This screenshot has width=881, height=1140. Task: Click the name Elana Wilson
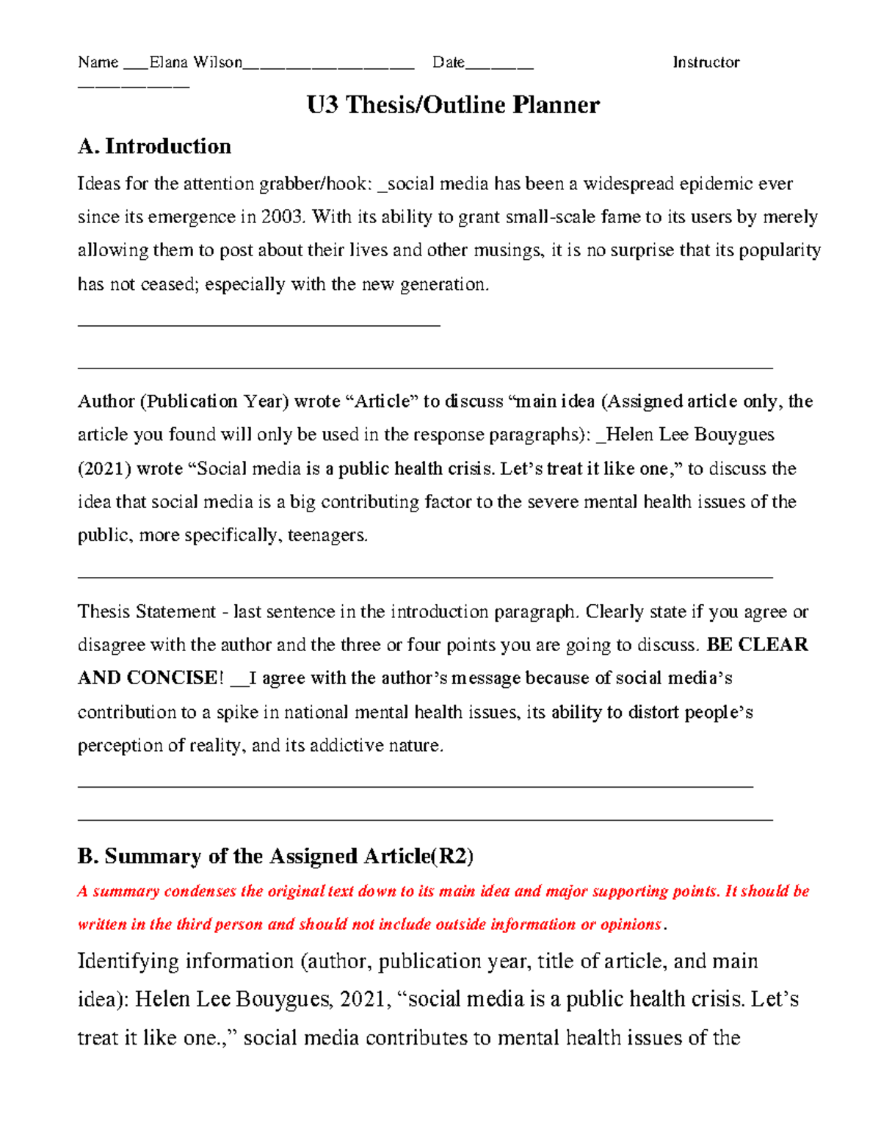point(195,62)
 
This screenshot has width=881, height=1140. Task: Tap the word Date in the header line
point(448,62)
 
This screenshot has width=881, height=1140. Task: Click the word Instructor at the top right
point(706,62)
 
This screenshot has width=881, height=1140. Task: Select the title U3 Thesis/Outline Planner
point(453,105)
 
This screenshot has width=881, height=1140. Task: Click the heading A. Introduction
point(154,147)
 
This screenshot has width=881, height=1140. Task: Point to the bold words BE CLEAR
point(757,645)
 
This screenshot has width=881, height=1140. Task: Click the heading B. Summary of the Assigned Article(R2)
point(275,857)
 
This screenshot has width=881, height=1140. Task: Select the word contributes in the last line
point(428,1038)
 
